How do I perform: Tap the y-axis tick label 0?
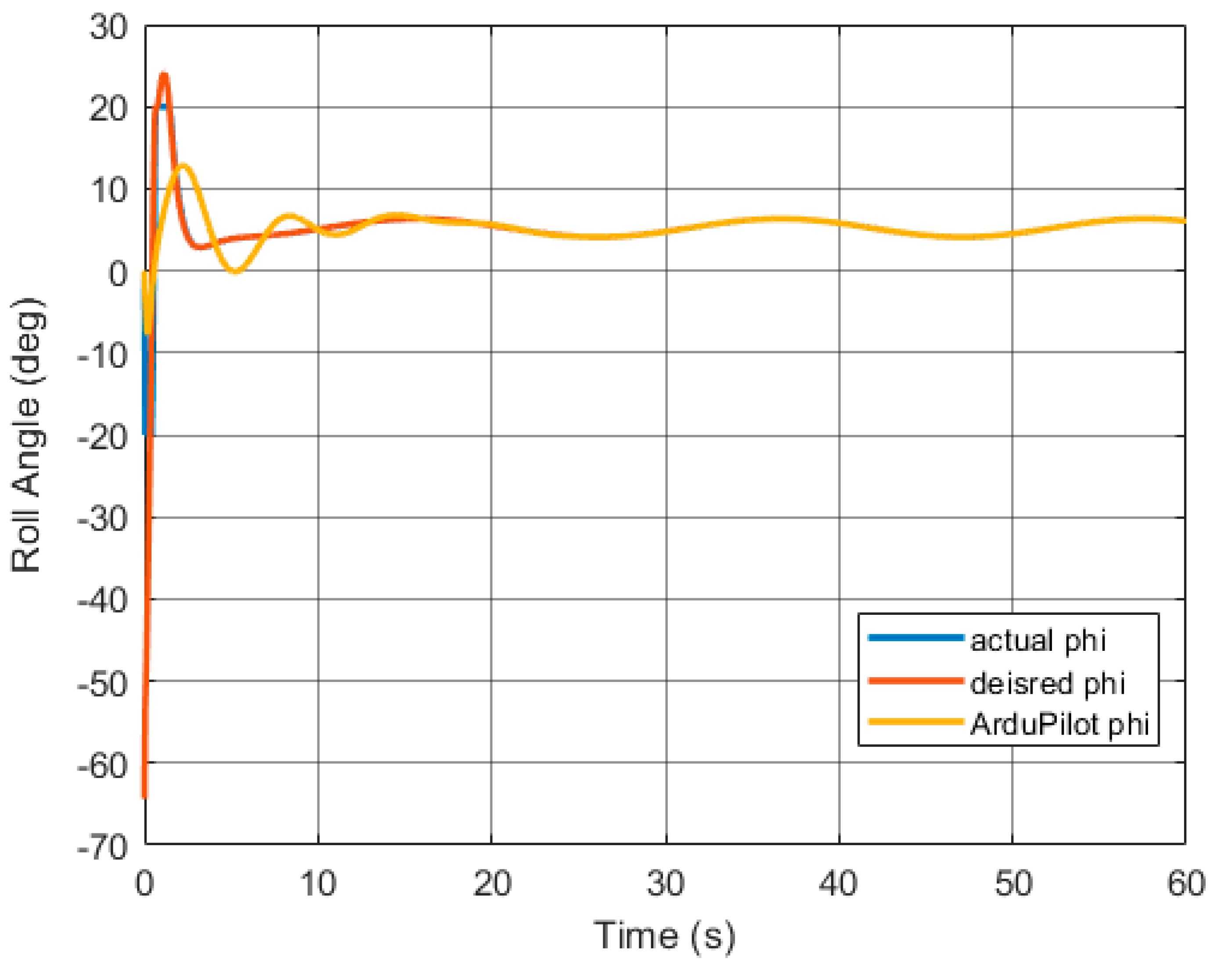(x=118, y=274)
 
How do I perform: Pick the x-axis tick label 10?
(x=318, y=884)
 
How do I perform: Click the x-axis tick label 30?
(x=666, y=884)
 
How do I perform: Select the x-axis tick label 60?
(x=1185, y=884)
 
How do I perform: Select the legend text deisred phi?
(x=1047, y=683)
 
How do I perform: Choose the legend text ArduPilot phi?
(x=1059, y=724)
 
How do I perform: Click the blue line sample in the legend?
(x=915, y=638)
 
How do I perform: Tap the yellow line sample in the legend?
(x=915, y=721)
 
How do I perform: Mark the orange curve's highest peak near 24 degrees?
(x=164, y=75)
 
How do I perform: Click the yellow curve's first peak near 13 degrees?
(x=182, y=165)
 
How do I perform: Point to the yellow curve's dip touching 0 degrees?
(x=236, y=272)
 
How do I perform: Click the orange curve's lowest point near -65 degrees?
(x=144, y=796)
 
